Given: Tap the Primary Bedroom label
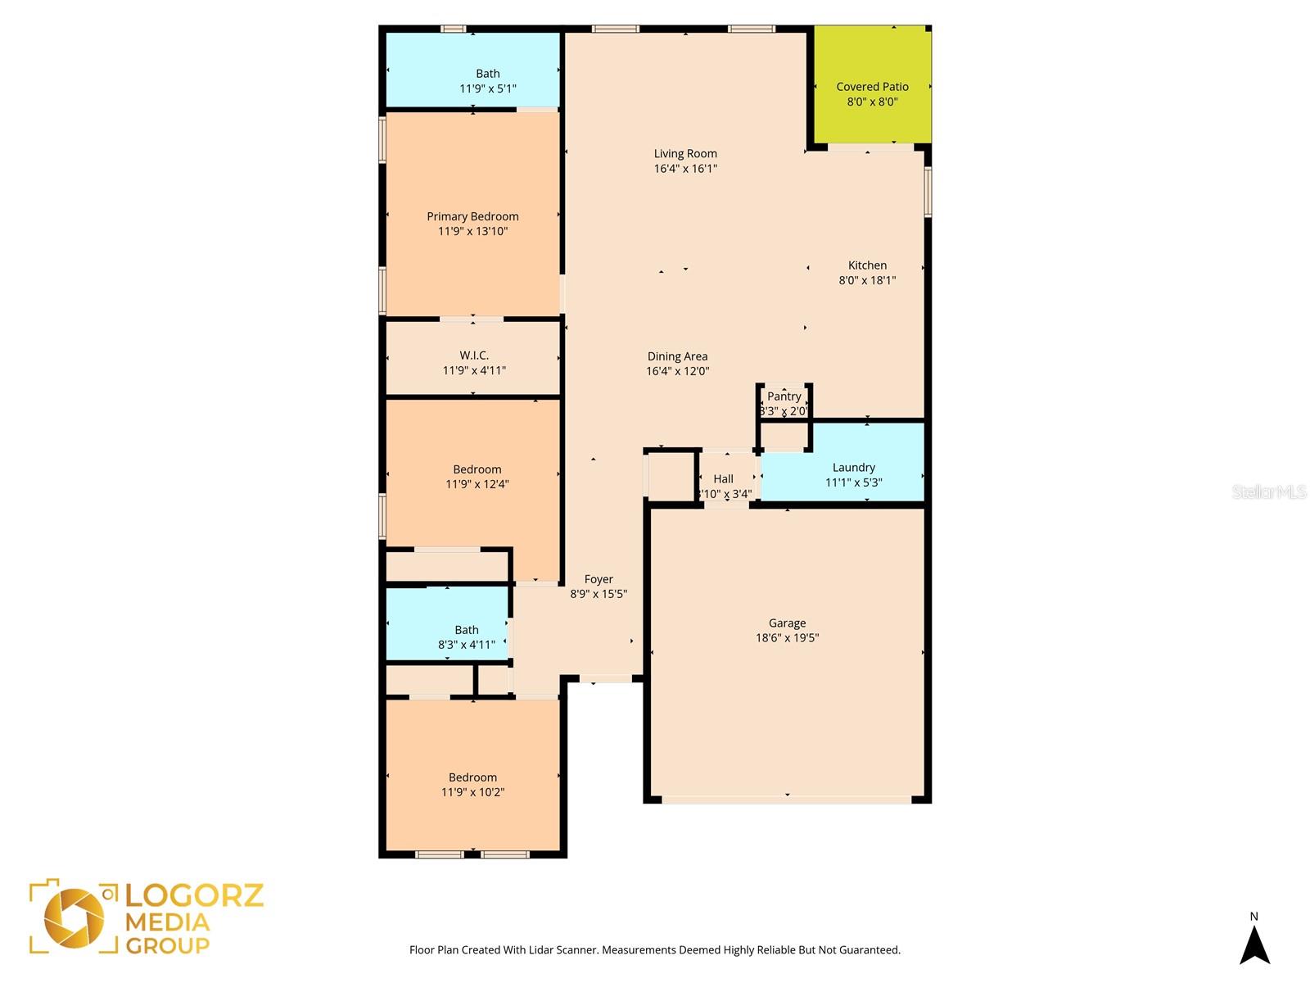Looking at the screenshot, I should point(472,216).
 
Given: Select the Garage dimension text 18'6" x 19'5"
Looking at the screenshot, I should point(787,638).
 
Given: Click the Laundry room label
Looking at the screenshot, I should point(853,468).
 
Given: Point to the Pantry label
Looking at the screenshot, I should point(784,396).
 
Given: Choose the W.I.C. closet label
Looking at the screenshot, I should point(474,356).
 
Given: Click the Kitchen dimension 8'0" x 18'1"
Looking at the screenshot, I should point(867,280).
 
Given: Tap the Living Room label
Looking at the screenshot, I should point(685,154).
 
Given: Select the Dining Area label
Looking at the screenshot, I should point(677,356).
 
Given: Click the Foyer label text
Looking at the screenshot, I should point(599,579).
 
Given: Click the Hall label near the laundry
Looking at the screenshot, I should point(723,479).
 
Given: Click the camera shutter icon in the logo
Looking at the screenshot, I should point(75,917).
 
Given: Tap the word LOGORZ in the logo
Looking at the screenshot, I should point(194,895).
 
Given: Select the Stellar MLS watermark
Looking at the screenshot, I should point(1268,491).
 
